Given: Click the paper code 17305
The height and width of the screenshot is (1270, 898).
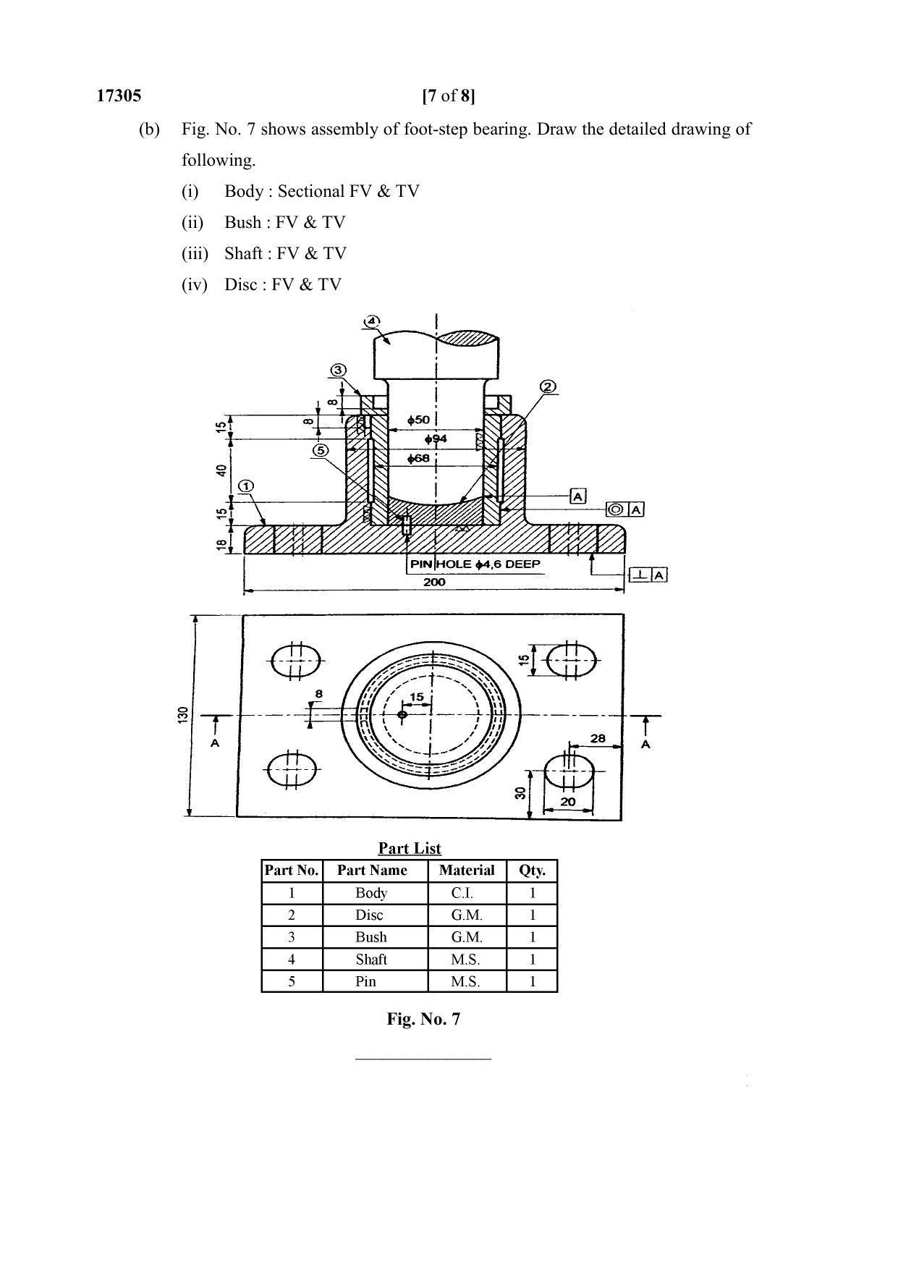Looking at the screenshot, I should tap(119, 96).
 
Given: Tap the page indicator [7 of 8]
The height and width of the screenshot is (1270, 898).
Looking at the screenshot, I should tap(449, 96).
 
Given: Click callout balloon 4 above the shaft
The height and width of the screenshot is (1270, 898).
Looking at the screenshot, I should tap(371, 320).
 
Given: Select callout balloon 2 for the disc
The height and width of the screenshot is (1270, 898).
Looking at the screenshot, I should tap(548, 386).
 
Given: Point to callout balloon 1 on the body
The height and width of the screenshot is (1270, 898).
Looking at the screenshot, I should tap(246, 486).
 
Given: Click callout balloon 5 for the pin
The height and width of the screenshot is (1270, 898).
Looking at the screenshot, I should tap(321, 450).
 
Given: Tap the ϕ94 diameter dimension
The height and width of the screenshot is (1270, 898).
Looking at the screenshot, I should tap(436, 439).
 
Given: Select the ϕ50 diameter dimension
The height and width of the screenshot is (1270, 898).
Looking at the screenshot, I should tap(418, 420).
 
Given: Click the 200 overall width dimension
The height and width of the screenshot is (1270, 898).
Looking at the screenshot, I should tap(434, 582).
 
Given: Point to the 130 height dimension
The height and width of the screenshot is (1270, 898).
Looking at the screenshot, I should tap(183, 715).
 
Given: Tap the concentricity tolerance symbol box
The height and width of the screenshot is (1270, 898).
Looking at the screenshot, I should tap(615, 509).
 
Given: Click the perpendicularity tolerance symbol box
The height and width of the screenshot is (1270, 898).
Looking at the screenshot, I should tap(640, 575).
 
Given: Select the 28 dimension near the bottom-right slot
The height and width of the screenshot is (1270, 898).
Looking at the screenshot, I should tap(598, 739).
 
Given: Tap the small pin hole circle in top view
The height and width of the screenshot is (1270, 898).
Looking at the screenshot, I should tap(403, 715).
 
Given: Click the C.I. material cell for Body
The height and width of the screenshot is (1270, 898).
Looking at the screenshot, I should tap(462, 893).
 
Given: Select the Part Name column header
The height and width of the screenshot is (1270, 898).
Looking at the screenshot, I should tap(372, 871).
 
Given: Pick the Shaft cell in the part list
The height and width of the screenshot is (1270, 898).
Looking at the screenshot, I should tap(371, 960).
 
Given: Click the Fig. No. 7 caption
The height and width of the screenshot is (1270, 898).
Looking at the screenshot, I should tap(423, 1019).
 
